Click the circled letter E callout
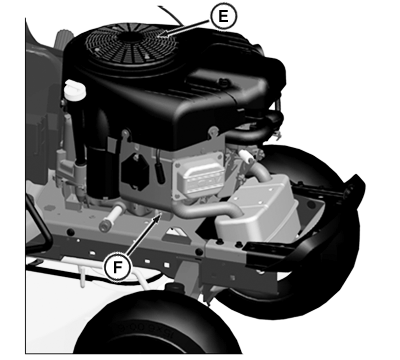point(223,16)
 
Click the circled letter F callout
point(117,267)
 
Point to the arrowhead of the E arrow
point(163,34)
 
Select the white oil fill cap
point(75,89)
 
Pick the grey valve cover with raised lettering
point(198,177)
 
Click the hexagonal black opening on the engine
point(135,172)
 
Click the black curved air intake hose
point(257,128)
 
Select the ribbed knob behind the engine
point(63,39)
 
